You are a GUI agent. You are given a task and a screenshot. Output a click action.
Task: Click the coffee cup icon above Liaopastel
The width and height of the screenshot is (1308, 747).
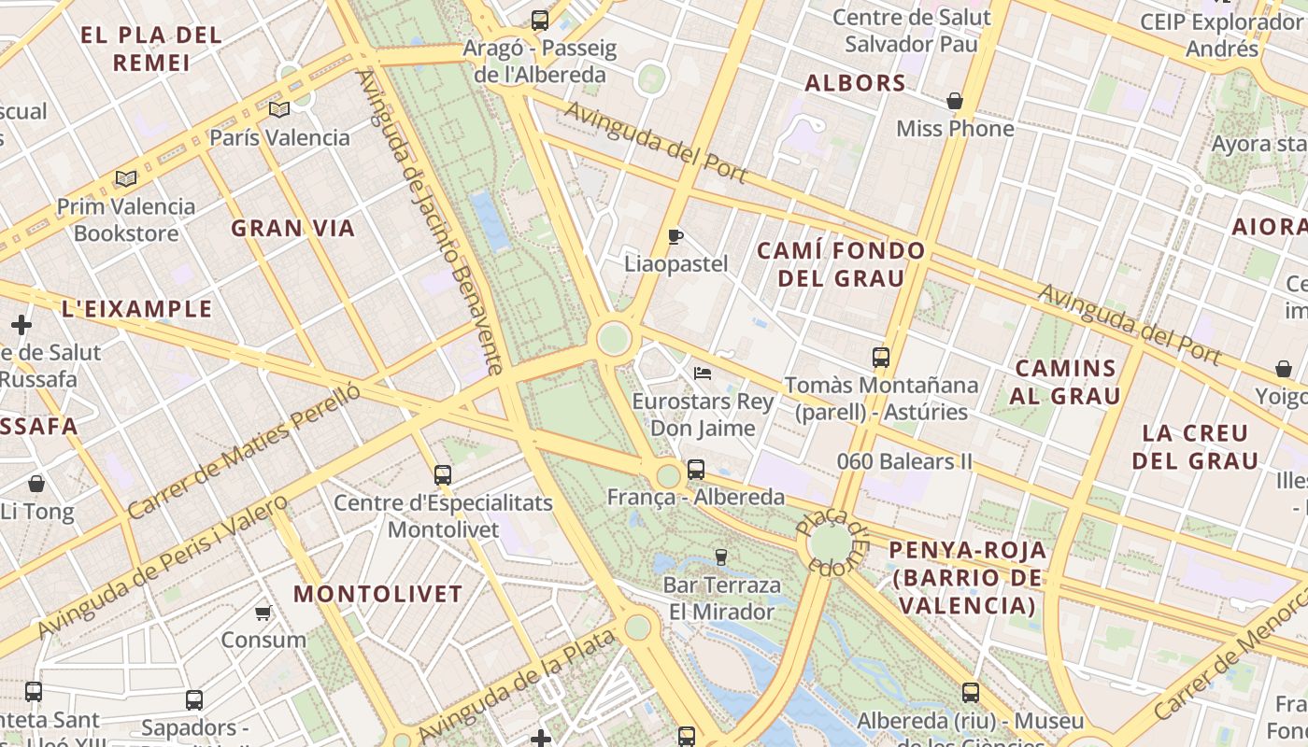[675, 236]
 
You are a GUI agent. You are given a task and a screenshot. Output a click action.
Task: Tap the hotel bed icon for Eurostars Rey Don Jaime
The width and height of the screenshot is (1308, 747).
[703, 373]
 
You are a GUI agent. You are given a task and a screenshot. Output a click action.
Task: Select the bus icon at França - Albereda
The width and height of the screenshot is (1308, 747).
[696, 470]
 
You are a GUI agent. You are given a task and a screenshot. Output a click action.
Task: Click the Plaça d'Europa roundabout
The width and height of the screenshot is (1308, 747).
[830, 543]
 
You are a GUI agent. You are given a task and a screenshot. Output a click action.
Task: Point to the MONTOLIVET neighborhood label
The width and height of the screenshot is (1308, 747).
[377, 594]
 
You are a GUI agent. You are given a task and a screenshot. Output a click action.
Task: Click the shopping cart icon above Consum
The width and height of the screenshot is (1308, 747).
[263, 613]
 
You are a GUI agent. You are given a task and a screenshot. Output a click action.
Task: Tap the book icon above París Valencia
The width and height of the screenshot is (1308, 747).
[279, 110]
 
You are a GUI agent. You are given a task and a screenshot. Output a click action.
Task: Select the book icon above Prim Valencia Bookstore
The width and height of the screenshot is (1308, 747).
[126, 178]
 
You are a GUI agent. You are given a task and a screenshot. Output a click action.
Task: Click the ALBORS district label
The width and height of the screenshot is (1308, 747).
[856, 83]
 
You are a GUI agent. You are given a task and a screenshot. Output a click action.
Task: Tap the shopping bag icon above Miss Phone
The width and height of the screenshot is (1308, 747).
[955, 101]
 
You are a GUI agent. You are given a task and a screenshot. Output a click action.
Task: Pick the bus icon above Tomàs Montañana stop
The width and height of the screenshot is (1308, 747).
[880, 357]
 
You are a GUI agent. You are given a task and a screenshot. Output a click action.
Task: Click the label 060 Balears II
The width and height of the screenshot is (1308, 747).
[904, 461]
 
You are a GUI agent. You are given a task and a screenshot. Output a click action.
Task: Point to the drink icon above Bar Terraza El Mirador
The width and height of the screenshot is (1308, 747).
[720, 557]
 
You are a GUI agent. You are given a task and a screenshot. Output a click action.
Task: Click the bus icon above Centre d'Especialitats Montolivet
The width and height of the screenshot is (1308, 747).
[443, 475]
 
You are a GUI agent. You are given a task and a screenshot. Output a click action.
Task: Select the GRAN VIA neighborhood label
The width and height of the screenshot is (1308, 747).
[292, 228]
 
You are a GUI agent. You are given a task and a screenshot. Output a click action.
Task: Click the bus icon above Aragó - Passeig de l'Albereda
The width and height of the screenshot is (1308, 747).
[539, 20]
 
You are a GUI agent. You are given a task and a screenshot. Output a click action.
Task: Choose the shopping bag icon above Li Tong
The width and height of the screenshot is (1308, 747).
[36, 484]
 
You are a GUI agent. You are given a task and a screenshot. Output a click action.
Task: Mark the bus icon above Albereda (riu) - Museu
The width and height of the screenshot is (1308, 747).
[971, 693]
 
